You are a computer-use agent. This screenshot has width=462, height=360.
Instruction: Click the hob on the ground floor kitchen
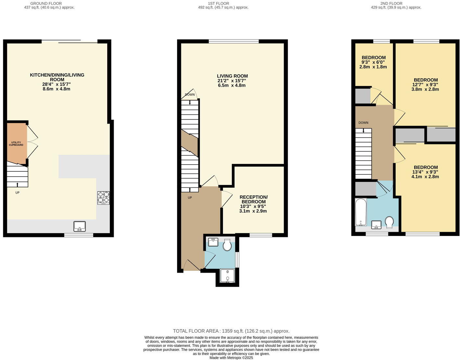point(103,198)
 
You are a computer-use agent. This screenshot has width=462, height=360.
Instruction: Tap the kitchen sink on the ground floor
point(80,226)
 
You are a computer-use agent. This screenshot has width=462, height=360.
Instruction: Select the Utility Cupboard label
point(16,143)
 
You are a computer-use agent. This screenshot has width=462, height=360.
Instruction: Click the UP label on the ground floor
point(18,192)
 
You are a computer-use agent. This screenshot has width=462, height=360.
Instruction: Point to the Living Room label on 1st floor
point(232,76)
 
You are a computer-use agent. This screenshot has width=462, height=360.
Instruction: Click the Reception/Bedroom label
point(253,199)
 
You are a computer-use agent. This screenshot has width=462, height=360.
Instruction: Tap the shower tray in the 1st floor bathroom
point(227,276)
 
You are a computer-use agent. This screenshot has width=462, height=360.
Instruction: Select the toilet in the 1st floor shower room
point(227,245)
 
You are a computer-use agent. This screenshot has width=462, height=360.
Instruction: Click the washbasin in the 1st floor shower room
point(213,242)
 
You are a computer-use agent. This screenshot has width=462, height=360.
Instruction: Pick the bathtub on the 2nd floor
point(360,212)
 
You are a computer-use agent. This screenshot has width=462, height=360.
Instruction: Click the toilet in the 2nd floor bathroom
point(389,222)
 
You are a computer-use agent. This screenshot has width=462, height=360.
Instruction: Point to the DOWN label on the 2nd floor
point(363,123)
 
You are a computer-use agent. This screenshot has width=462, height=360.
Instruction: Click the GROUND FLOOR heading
point(46,4)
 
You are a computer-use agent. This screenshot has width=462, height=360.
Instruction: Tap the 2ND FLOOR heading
point(391,4)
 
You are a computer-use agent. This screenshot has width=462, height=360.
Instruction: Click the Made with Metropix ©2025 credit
point(231,358)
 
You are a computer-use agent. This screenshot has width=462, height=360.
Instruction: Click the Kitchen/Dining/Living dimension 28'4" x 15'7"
point(57,84)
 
